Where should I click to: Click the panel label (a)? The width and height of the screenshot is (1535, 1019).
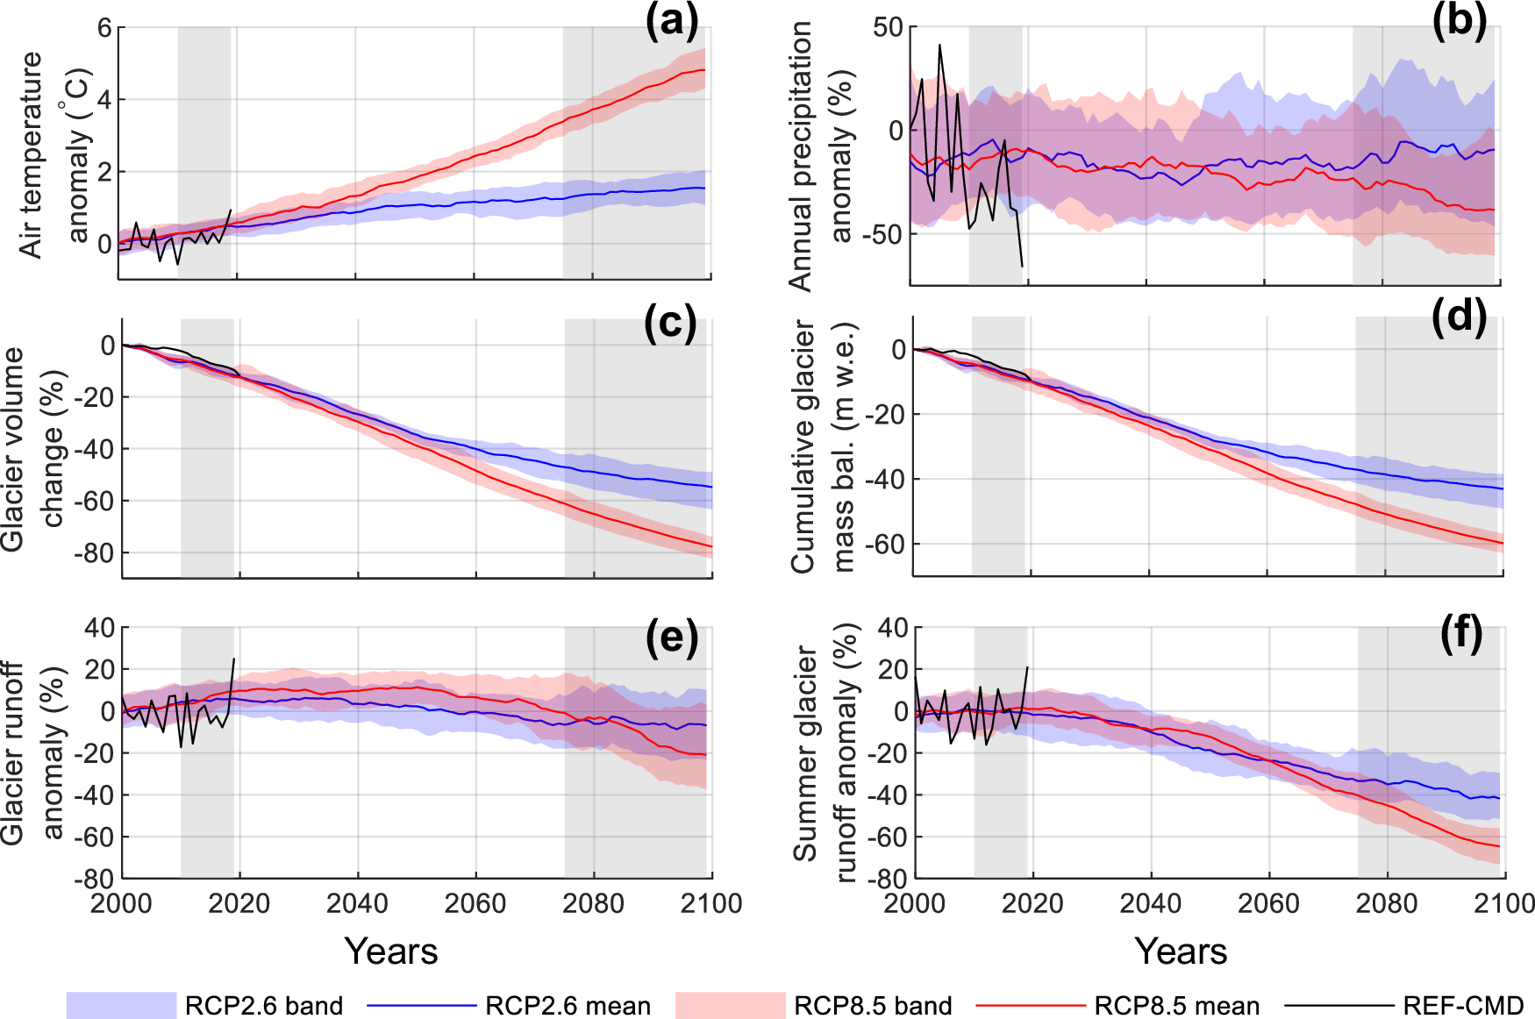[x=671, y=21]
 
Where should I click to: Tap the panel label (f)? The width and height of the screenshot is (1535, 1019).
[x=1461, y=634]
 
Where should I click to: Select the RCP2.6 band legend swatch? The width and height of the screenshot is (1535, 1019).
[x=121, y=1005]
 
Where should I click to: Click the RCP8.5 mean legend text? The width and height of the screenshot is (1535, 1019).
[x=1176, y=1006]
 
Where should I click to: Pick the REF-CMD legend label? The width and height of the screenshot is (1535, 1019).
[x=1463, y=1006]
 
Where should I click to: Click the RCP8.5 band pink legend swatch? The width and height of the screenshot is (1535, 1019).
[x=730, y=1005]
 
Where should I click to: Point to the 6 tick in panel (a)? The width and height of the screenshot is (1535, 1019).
[x=104, y=28]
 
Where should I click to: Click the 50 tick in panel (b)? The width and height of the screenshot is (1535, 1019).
[x=888, y=27]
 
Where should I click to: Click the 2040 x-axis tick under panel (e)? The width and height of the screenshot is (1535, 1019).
[x=357, y=904]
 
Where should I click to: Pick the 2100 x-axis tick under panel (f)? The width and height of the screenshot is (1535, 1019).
[x=1504, y=904]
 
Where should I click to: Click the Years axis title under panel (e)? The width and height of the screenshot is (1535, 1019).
[x=391, y=951]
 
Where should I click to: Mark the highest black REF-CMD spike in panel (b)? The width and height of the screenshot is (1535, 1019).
[x=939, y=45]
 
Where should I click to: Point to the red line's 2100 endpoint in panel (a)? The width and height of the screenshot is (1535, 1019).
[x=704, y=70]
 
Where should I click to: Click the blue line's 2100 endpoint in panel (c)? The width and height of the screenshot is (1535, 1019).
[x=711, y=487]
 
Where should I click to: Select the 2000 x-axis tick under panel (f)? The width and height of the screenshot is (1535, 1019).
[x=915, y=904]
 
